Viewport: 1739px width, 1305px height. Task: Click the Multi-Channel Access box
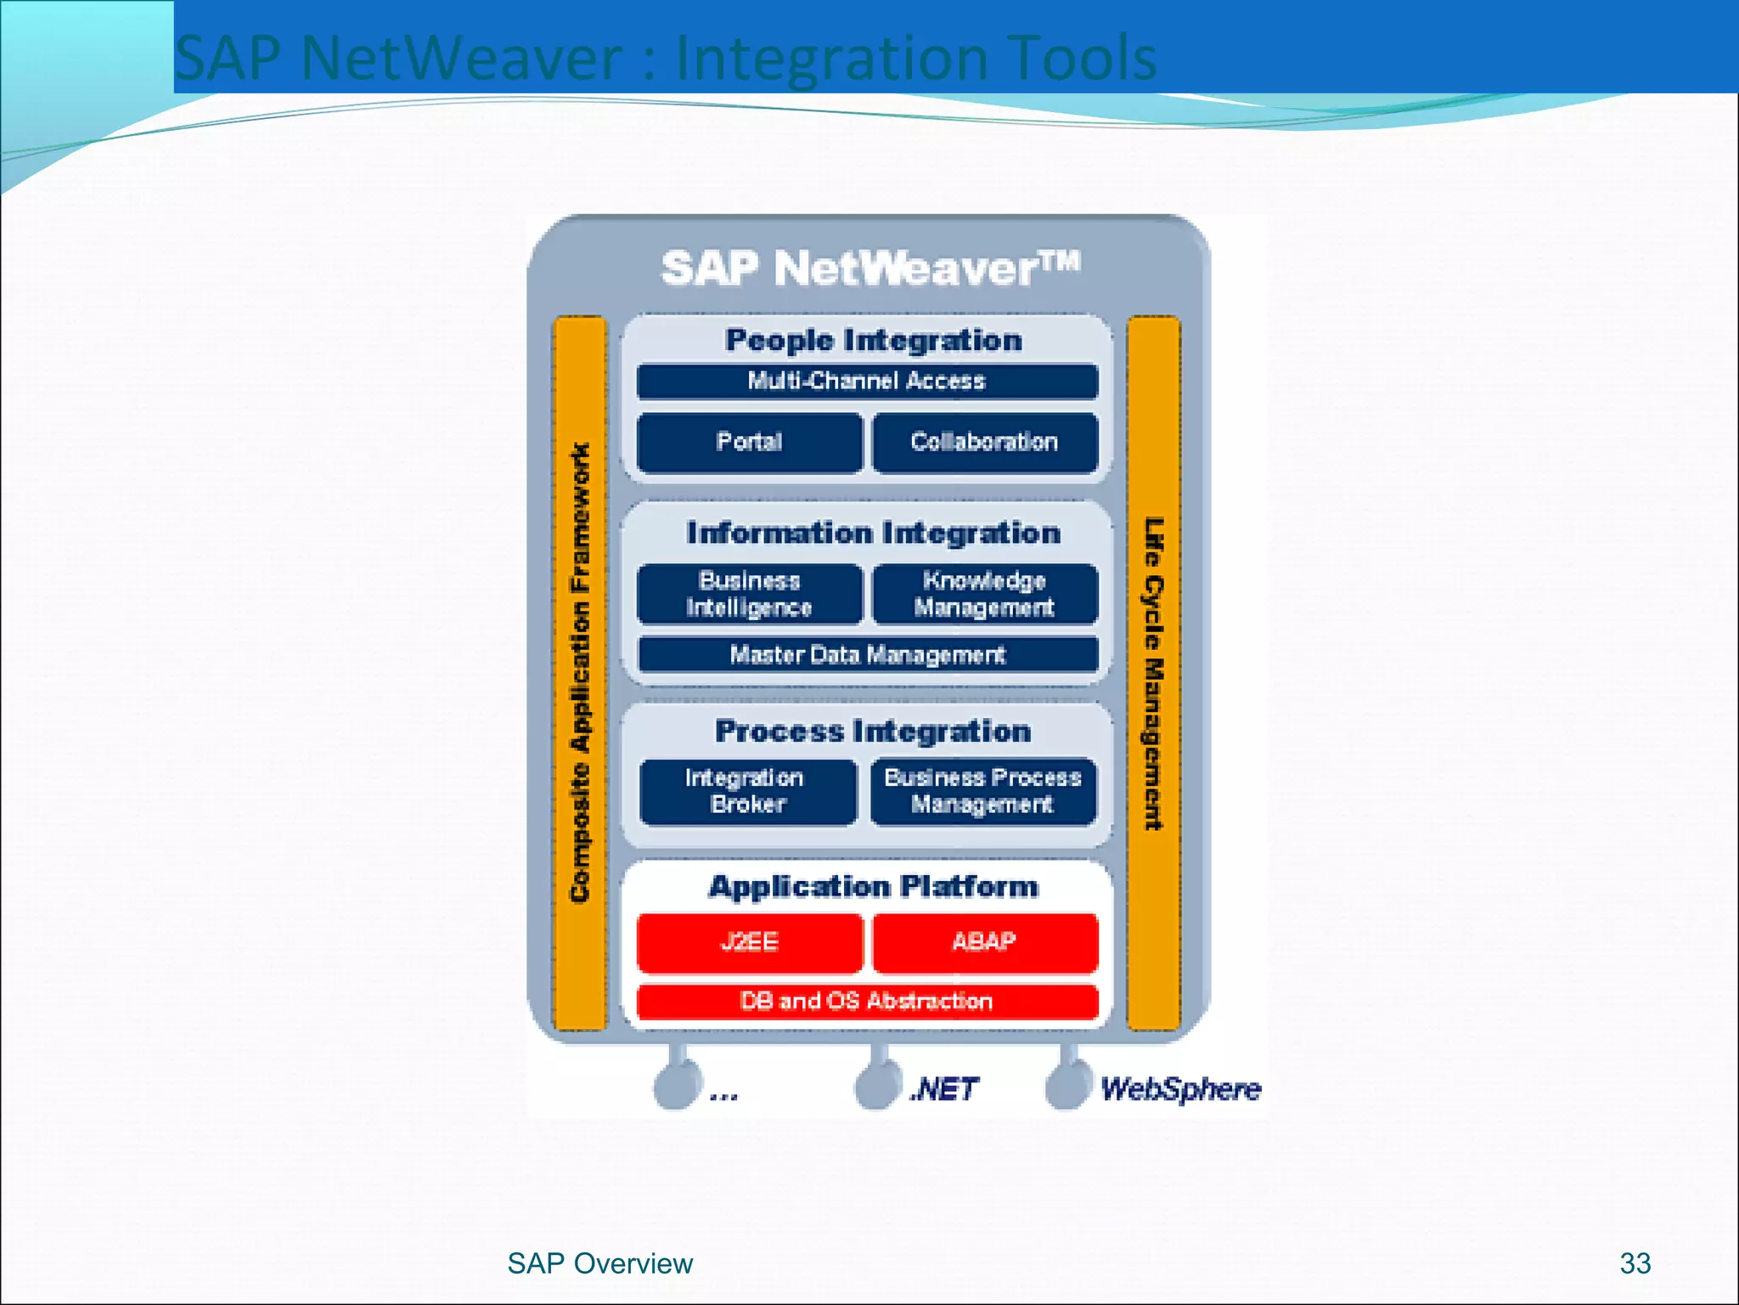(x=867, y=381)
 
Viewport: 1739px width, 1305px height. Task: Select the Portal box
(x=749, y=442)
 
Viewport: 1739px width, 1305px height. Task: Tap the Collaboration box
(x=984, y=442)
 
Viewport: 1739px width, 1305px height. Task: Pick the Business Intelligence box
(x=749, y=594)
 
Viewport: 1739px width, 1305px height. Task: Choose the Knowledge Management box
(x=984, y=594)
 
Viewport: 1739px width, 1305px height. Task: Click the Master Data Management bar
(x=867, y=655)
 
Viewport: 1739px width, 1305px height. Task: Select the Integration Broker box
(x=747, y=791)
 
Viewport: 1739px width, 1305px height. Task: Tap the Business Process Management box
(x=982, y=791)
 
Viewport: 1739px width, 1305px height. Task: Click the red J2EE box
(x=749, y=942)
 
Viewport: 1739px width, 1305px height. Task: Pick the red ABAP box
(x=984, y=942)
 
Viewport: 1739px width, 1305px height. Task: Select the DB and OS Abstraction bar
(x=867, y=1002)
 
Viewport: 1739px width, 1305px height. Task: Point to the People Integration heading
(x=874, y=341)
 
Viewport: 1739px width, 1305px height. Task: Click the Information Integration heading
(x=874, y=534)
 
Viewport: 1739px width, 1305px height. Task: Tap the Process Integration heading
(x=874, y=732)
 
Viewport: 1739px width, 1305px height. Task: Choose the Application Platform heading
(x=874, y=887)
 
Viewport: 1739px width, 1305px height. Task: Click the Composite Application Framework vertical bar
(x=580, y=672)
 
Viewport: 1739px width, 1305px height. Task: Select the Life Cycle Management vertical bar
(x=1153, y=672)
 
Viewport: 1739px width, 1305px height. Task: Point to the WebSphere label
(x=1180, y=1089)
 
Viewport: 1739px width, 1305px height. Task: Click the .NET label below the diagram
(x=944, y=1089)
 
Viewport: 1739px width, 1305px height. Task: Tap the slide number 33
(x=1635, y=1263)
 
